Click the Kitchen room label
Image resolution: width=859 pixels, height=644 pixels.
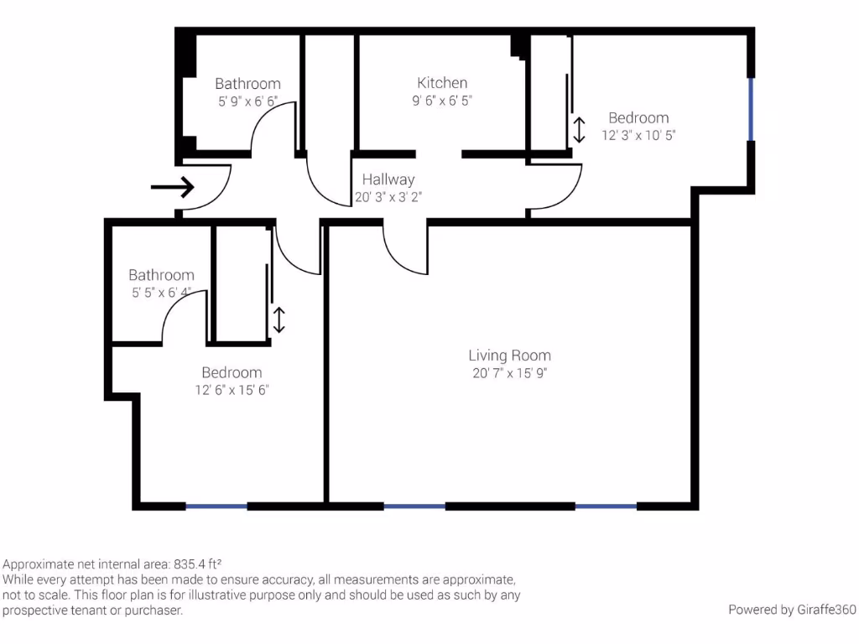pos(442,83)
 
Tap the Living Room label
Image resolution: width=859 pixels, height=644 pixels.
pos(509,356)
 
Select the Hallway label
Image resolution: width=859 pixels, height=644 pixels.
pos(388,179)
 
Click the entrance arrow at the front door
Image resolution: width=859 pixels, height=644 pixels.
pos(172,186)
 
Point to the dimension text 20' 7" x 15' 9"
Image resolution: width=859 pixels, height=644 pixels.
pos(509,374)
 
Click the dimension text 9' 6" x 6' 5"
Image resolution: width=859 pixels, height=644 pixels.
pos(442,101)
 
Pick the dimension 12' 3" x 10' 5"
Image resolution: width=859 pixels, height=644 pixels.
pos(638,135)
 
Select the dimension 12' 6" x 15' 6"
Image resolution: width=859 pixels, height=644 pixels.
pos(232,390)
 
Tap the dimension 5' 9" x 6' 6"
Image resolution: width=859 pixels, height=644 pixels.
pos(247,101)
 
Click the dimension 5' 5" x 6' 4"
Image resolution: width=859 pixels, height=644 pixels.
pos(161,293)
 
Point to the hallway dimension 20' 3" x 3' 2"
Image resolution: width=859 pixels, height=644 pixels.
pos(388,198)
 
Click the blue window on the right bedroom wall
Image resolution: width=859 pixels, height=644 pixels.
pos(751,109)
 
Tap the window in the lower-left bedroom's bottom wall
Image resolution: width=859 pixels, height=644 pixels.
pos(216,506)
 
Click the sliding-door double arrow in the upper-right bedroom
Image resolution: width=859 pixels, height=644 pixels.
pos(579,130)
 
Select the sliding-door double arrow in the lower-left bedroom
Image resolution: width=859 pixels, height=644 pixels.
pos(279,319)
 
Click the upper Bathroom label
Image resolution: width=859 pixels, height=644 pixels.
pos(247,84)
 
